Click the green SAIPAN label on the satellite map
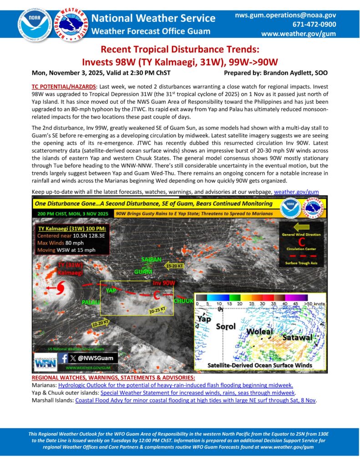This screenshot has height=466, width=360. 152,259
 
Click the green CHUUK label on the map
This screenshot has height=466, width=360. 184,301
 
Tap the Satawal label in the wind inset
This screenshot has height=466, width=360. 296,338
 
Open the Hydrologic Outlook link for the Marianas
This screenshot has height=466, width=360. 175,385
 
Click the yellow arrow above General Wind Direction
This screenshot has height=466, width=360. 302,226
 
